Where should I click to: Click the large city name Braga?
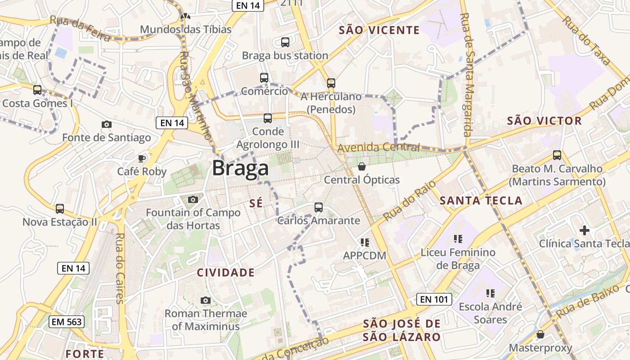click(240, 168)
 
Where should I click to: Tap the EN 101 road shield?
click(434, 299)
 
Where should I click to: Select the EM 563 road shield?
click(66, 321)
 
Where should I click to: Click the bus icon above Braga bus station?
click(285, 42)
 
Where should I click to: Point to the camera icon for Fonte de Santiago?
click(107, 124)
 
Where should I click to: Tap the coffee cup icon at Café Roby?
click(142, 158)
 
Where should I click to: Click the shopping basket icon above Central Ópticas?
click(362, 167)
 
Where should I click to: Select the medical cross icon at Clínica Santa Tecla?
click(584, 230)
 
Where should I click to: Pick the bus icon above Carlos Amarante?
click(319, 207)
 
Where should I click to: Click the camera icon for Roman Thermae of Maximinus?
click(206, 300)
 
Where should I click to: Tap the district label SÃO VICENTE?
click(379, 30)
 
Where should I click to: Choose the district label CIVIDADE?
click(226, 273)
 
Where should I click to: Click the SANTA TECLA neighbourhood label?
click(481, 201)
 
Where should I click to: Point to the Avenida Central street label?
click(378, 147)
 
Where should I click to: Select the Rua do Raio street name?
click(409, 201)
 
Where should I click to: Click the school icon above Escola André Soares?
click(490, 293)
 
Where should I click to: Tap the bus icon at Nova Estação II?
click(60, 209)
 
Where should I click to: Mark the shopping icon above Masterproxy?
click(540, 335)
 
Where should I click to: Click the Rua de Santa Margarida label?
click(466, 74)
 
